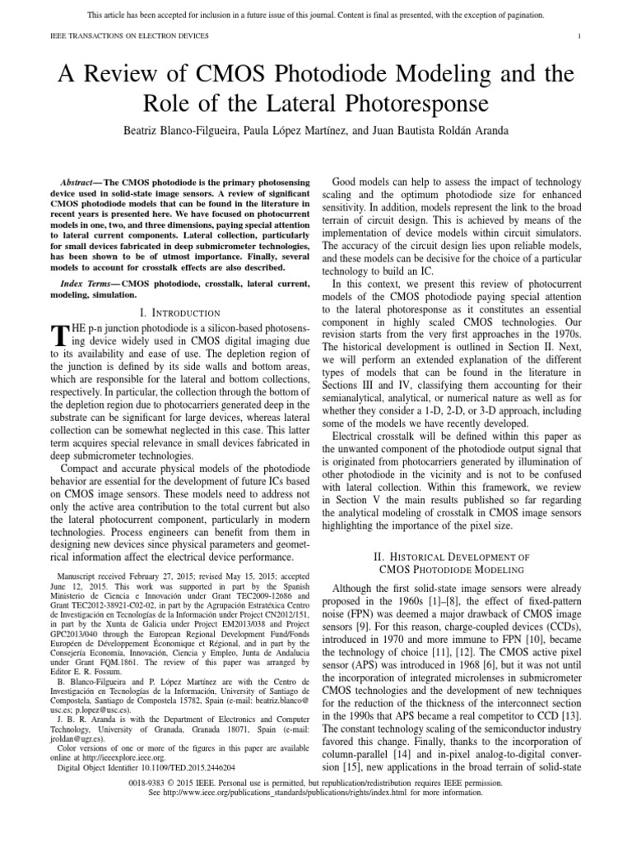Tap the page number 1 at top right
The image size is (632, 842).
click(580, 35)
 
